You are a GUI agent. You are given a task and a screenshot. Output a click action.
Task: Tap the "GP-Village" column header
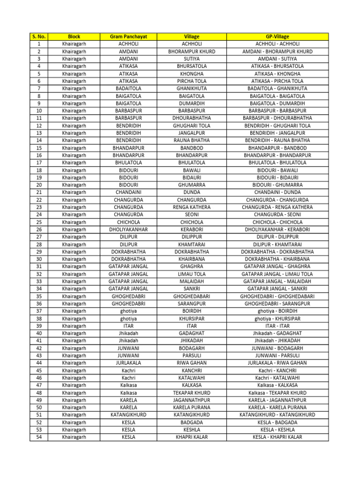coord(277,36)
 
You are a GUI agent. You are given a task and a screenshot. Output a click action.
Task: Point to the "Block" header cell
coord(74,36)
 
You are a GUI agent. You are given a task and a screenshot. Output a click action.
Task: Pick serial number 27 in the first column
coord(38,237)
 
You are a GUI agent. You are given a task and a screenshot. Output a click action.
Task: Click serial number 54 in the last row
coord(38,437)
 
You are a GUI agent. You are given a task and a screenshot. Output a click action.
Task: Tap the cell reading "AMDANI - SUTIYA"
coord(277,59)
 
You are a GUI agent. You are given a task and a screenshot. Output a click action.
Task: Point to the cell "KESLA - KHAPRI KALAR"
coord(277,437)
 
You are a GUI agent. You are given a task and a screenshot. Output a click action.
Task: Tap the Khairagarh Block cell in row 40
coord(74,333)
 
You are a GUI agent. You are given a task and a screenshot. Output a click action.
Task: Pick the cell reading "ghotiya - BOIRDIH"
coord(277,311)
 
